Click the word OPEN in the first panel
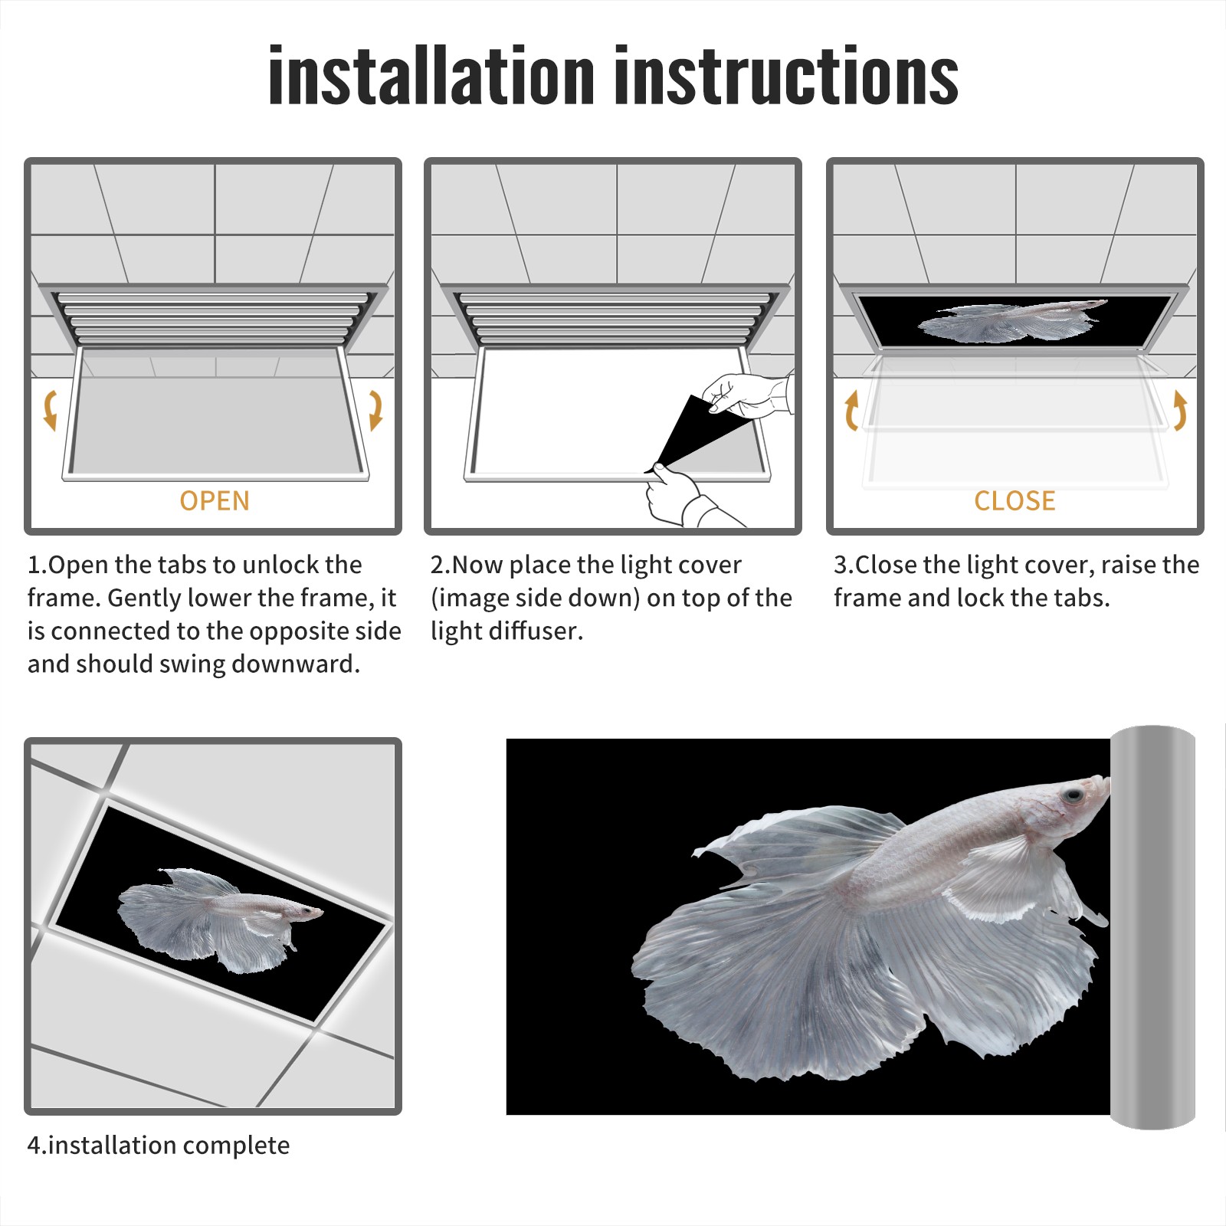[215, 501]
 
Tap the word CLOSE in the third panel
[1015, 501]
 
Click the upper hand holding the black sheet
[747, 395]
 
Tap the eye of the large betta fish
[1071, 797]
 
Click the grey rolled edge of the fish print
[1152, 927]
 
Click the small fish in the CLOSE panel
[1011, 320]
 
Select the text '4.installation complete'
[159, 1146]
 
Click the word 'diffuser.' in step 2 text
[545, 631]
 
